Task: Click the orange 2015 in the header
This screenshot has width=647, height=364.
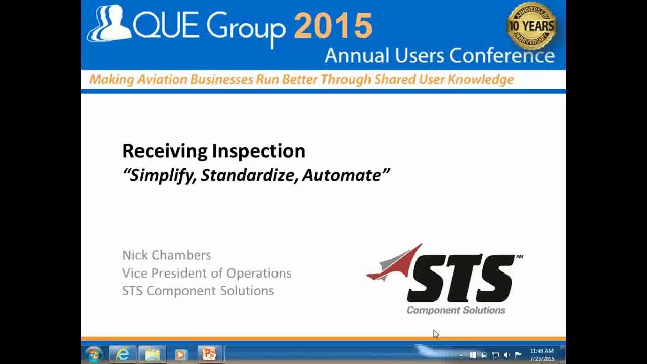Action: pos(333,26)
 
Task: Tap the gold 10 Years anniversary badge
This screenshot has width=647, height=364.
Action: pos(531,26)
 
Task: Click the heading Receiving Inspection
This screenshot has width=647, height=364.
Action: pos(214,151)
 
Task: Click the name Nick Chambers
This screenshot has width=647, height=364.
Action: pos(166,255)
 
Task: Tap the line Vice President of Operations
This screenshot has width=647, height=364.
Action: pos(207,273)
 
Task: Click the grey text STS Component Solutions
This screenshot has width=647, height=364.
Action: pos(198,291)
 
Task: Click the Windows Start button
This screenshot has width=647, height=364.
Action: pos(94,355)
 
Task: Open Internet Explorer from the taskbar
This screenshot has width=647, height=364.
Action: pos(123,355)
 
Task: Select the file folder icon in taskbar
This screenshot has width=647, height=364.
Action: pos(152,355)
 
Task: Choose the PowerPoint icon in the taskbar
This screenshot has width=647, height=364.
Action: pos(209,355)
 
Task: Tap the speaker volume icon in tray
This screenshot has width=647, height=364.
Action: pos(506,355)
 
